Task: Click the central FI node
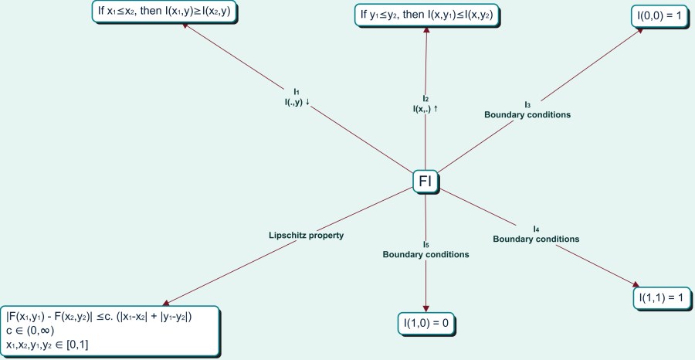(425, 182)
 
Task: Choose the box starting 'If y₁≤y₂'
(426, 14)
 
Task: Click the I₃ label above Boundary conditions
(527, 105)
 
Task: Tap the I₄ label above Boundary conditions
(536, 229)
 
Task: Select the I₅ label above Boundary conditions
(425, 245)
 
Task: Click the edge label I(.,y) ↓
(297, 101)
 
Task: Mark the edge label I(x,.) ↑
(425, 109)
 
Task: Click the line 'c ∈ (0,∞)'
(31, 330)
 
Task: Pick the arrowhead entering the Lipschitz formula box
(165, 303)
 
